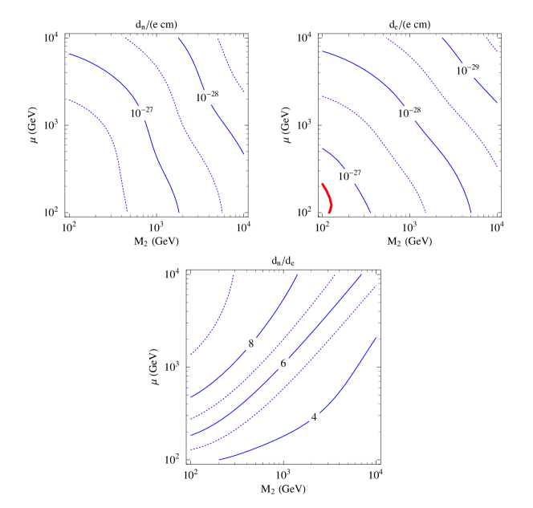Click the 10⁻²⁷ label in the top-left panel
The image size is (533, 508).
pos(142,113)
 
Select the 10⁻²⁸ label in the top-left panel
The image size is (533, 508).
pos(207,97)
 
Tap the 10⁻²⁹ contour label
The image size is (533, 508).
pos(467,71)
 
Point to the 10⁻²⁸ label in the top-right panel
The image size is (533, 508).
pos(409,113)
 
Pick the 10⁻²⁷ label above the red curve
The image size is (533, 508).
pos(349,176)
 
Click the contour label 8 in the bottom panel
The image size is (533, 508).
pos(251,343)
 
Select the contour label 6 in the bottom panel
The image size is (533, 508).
pos(283,363)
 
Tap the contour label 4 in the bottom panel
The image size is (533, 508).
pos(314,417)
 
